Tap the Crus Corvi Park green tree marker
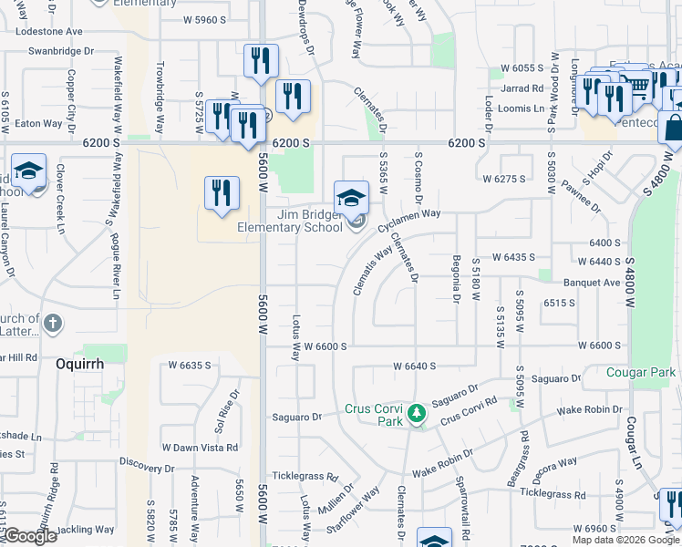coord(418,414)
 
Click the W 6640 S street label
coord(415,366)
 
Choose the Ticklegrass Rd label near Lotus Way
coord(305,477)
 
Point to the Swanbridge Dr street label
coord(62,50)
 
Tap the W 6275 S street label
coord(504,179)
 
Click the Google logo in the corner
coord(30,536)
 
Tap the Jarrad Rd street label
coord(522,88)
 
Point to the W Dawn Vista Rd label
coord(200,448)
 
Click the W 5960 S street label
coord(203,19)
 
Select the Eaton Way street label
coord(38,123)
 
